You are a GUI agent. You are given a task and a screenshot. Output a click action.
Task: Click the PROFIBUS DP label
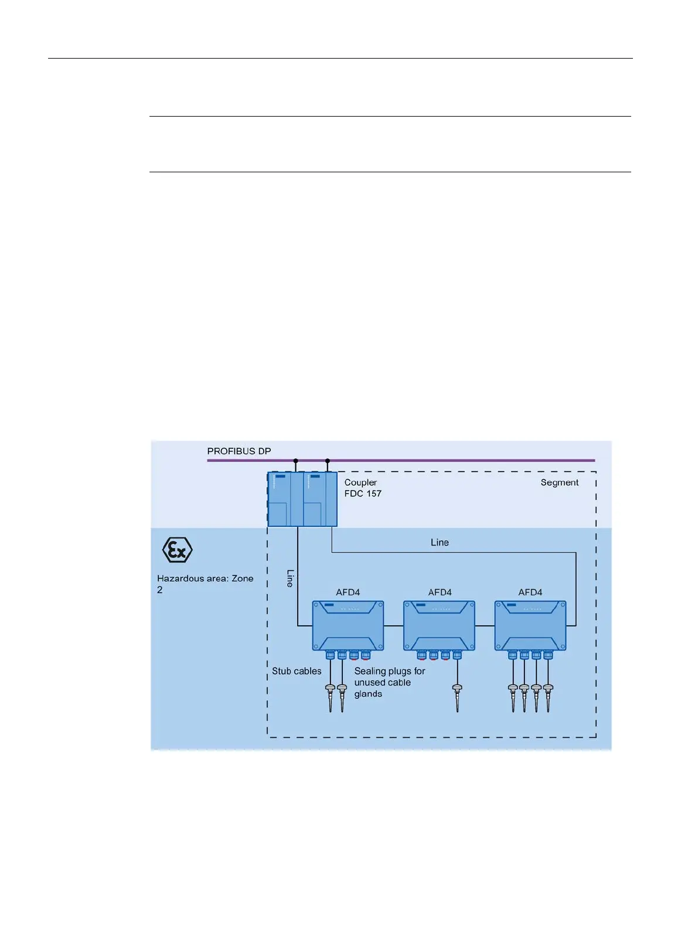(239, 451)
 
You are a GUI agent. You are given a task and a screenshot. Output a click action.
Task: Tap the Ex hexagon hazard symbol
(177, 550)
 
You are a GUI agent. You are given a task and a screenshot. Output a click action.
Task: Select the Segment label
(559, 482)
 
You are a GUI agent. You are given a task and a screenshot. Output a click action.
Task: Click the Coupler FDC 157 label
(362, 488)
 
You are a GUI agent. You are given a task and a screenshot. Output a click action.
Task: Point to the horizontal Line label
(440, 543)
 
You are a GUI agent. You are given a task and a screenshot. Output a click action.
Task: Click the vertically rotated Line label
(290, 578)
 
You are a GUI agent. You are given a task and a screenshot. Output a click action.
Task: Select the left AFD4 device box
(348, 625)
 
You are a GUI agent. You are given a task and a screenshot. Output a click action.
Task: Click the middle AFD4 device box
(440, 625)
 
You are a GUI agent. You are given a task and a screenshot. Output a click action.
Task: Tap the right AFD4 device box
(530, 625)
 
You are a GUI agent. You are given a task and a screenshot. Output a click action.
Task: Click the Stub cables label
(297, 671)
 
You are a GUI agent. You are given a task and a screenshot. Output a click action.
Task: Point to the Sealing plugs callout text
(389, 682)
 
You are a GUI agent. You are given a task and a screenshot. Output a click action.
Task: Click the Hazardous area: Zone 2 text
(205, 584)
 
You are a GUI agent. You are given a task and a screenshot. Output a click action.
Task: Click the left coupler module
(285, 499)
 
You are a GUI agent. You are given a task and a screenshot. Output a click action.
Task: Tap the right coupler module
(320, 499)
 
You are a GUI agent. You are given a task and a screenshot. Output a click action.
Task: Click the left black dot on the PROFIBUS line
(296, 461)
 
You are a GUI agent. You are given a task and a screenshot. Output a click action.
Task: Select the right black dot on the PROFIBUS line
(328, 461)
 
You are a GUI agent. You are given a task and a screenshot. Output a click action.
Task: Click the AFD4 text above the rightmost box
(530, 592)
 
